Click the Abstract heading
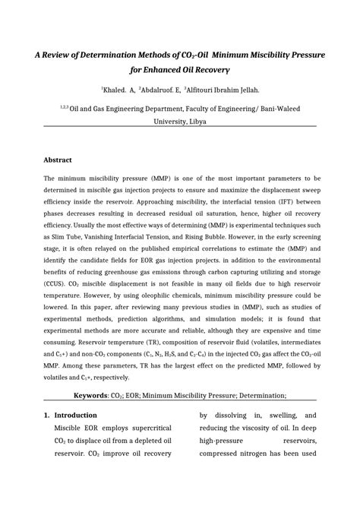(x=58, y=160)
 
